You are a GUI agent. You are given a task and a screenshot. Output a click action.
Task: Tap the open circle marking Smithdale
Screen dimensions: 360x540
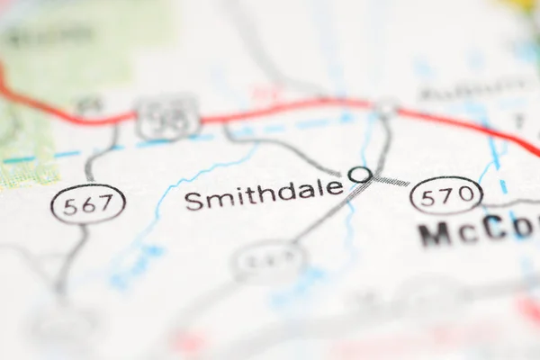[x=359, y=174]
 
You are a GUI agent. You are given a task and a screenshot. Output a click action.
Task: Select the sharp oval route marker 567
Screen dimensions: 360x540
[x=88, y=203]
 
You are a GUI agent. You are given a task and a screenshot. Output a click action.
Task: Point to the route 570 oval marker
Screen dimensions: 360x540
[x=445, y=195]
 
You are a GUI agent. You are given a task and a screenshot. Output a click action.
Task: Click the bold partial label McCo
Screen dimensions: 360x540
[x=477, y=231]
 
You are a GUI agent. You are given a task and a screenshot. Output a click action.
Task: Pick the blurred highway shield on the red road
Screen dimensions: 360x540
[x=168, y=118]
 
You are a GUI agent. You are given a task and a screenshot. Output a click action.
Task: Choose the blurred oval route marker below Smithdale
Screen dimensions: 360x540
[x=269, y=262]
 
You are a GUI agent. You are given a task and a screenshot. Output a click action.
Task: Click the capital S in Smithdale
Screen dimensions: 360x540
[x=193, y=201]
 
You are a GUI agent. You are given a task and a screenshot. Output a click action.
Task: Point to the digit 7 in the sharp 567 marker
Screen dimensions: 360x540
[x=106, y=203]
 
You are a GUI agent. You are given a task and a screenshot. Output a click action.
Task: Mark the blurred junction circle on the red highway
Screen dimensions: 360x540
[x=387, y=107]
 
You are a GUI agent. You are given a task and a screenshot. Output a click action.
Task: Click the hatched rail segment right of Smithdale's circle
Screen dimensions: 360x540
[x=391, y=181]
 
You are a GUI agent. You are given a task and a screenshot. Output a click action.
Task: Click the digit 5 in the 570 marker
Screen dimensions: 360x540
[x=427, y=195]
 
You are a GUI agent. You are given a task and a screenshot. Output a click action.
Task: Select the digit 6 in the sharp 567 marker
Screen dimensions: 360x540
[x=87, y=203]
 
